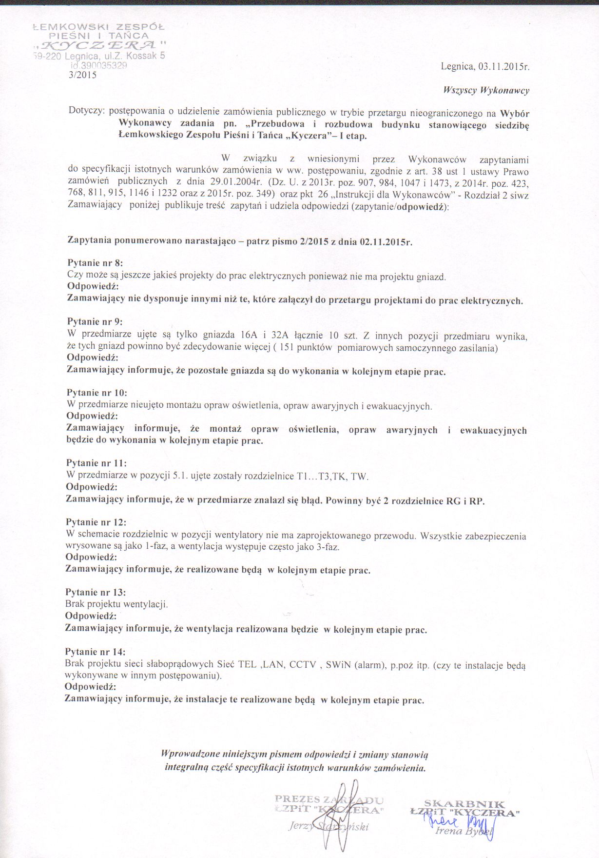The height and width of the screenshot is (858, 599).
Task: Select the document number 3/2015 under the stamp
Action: click(83, 75)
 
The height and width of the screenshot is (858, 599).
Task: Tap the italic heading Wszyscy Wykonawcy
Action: click(486, 90)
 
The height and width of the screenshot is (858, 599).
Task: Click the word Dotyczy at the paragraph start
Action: click(86, 111)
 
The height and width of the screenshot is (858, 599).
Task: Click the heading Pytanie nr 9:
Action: click(95, 322)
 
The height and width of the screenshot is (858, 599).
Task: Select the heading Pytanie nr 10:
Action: click(97, 393)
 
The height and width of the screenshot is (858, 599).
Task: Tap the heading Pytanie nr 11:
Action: click(96, 463)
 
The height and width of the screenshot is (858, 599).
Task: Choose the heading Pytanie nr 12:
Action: click(96, 522)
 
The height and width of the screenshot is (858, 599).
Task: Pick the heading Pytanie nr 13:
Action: click(96, 593)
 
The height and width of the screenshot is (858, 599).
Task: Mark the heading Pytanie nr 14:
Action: click(95, 652)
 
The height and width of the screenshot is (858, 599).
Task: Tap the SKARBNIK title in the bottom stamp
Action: click(464, 803)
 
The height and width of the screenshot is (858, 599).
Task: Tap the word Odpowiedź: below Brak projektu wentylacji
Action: click(91, 616)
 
